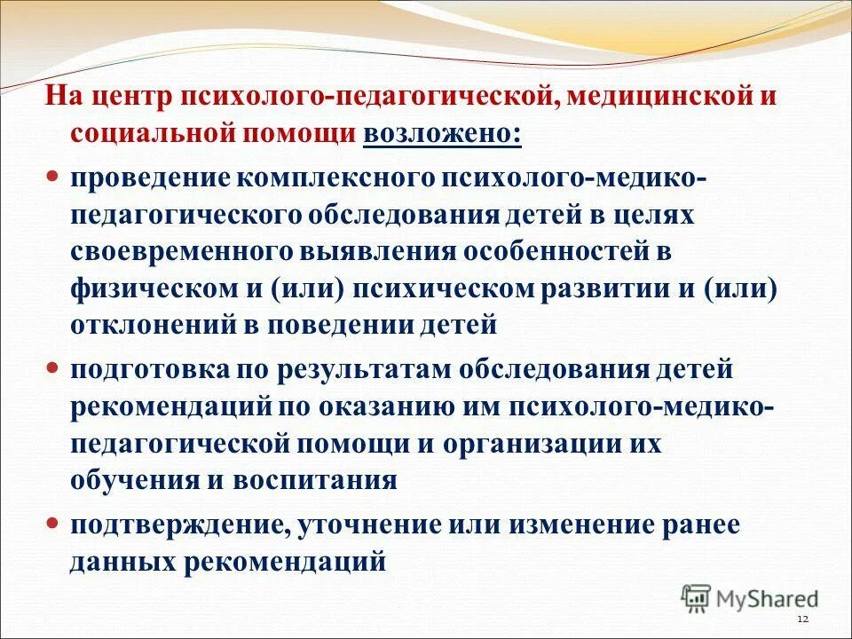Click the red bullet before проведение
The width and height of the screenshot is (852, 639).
pyautogui.click(x=52, y=175)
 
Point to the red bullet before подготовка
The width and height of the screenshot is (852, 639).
pyautogui.click(x=52, y=366)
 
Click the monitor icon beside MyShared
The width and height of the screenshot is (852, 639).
pyautogui.click(x=697, y=598)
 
